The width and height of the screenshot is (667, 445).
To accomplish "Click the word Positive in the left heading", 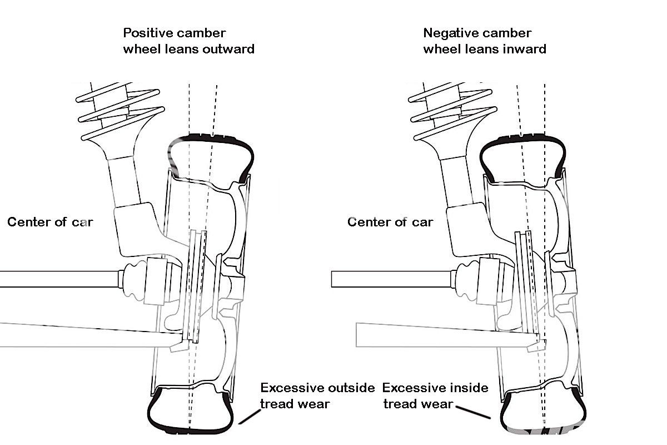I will (x=145, y=33).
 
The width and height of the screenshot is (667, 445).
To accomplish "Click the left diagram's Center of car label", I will (x=50, y=222).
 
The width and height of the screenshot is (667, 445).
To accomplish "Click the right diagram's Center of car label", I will (x=390, y=222).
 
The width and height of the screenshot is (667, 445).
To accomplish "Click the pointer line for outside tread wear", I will (x=250, y=416).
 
